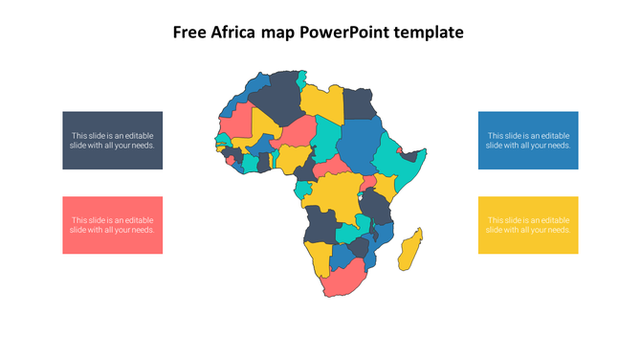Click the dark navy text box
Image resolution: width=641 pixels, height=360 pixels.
click(x=113, y=141)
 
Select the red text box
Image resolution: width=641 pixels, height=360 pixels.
click(x=113, y=225)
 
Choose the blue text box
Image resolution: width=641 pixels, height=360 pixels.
click(x=528, y=141)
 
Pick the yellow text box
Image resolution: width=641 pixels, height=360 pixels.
click(x=528, y=225)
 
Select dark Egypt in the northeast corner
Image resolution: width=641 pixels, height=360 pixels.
click(x=358, y=102)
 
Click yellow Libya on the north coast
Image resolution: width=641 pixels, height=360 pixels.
click(x=321, y=101)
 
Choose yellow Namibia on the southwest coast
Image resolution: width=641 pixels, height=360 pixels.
click(x=317, y=256)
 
